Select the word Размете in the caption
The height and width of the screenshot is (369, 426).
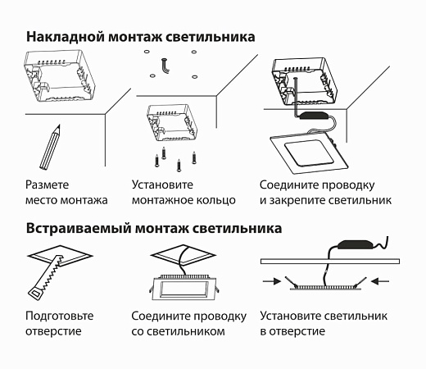coord(48,185)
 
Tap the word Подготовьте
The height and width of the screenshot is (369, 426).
coord(60,316)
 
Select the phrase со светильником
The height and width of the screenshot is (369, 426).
coord(178,331)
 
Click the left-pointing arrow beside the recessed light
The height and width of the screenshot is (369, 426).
coord(379,280)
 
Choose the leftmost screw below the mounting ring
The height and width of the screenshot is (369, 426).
coord(152,155)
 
